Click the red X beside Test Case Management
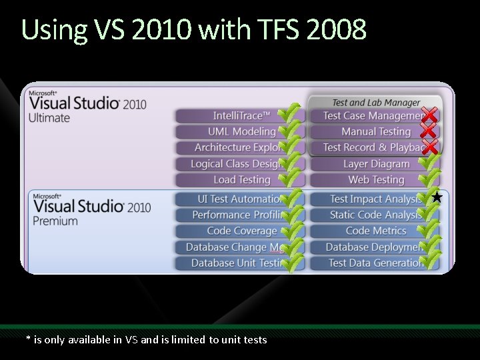click(430, 115)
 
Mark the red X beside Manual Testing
click(430, 131)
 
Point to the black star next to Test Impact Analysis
click(437, 197)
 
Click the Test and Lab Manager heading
click(376, 103)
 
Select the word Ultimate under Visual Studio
click(49, 118)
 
